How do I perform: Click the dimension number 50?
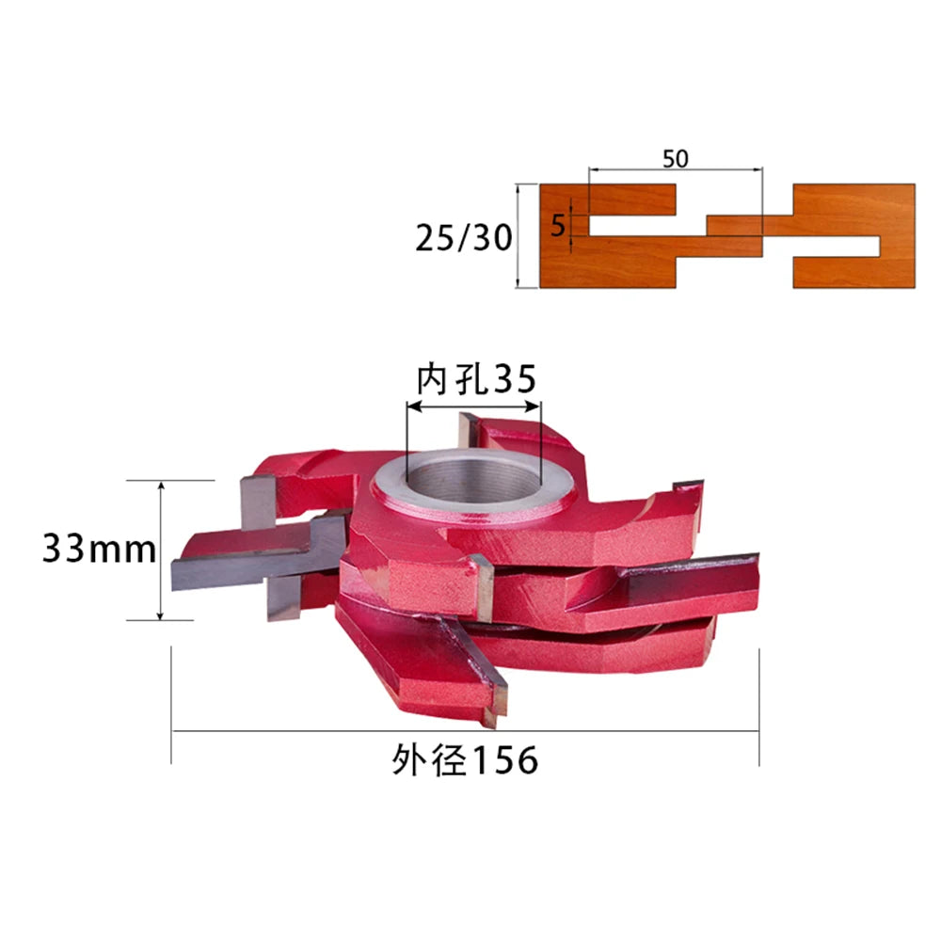(x=675, y=159)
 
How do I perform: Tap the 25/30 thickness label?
(x=464, y=238)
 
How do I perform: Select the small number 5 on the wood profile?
(x=558, y=226)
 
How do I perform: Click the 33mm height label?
(x=99, y=549)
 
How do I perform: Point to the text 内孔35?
(x=476, y=378)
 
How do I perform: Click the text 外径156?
(x=465, y=759)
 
